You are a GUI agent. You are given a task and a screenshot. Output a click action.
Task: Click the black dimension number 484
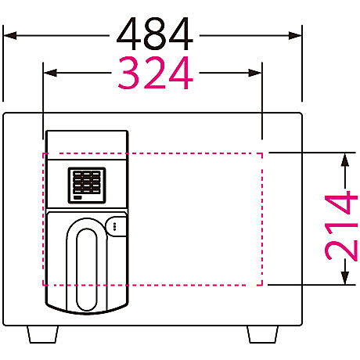(x=155, y=34)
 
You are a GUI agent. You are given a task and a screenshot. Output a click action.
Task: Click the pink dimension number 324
(x=156, y=73)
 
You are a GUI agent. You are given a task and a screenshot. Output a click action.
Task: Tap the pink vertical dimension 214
(x=341, y=226)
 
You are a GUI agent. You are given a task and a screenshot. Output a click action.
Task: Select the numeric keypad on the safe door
(x=87, y=185)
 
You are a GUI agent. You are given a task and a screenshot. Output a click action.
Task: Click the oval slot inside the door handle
(x=87, y=269)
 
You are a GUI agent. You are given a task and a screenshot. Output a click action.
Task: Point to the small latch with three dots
(x=116, y=226)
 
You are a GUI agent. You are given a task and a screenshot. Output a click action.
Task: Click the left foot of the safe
(x=42, y=334)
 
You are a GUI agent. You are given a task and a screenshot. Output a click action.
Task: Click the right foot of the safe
(x=263, y=334)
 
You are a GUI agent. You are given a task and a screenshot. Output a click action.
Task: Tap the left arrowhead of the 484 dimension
(x=10, y=35)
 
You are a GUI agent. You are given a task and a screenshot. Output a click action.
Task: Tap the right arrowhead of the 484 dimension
(x=295, y=35)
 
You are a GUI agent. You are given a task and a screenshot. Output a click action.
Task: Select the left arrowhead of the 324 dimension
(x=50, y=73)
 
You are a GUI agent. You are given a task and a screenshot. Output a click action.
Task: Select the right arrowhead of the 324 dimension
(x=255, y=73)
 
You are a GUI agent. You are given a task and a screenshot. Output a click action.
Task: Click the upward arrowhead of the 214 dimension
(x=345, y=160)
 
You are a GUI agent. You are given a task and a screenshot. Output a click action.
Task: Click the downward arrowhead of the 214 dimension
(x=345, y=278)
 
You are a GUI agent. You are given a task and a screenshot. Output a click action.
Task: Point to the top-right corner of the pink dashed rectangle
(x=262, y=153)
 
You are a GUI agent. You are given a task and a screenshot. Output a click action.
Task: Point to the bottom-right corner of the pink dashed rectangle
(x=262, y=285)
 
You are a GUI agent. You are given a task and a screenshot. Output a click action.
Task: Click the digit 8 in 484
(x=155, y=34)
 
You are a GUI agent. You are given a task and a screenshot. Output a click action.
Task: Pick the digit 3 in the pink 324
(x=128, y=73)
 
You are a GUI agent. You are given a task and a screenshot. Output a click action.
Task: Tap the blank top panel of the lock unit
(x=87, y=145)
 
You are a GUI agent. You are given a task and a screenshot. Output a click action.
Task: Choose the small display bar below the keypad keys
(x=77, y=197)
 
